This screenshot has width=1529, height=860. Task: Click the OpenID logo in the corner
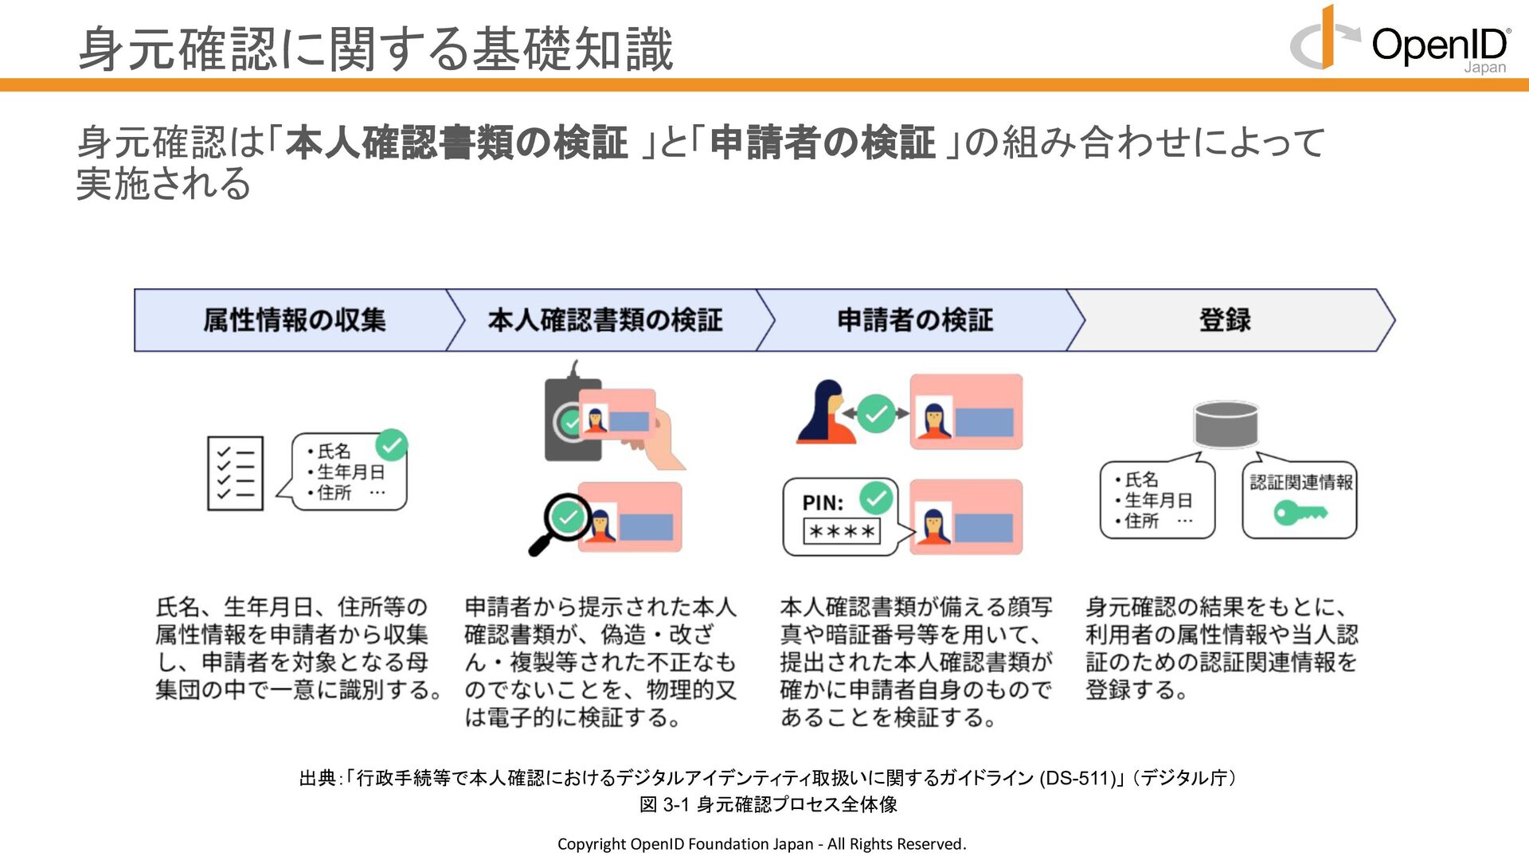pos(1400,40)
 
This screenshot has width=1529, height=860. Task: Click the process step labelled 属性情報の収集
pos(295,320)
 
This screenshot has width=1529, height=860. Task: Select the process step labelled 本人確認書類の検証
pos(605,320)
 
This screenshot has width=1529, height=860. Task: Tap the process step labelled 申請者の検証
pos(915,320)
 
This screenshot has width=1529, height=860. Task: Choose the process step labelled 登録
pos(1226,320)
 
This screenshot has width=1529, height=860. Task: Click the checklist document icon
pos(235,473)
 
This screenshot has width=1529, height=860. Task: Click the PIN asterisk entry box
pos(842,531)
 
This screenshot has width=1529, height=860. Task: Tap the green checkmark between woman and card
pos(876,413)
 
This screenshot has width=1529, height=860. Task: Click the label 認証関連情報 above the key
pos(1301,482)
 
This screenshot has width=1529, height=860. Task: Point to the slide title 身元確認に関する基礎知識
pos(376,49)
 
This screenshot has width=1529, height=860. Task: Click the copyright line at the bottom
pos(762,844)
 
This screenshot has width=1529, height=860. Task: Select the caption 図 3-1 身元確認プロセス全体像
pos(768,804)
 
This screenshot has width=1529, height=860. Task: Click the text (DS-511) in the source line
pos(1077,778)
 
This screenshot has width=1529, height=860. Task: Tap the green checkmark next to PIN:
pos(876,498)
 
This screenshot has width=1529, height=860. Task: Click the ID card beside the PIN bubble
pos(966,517)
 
